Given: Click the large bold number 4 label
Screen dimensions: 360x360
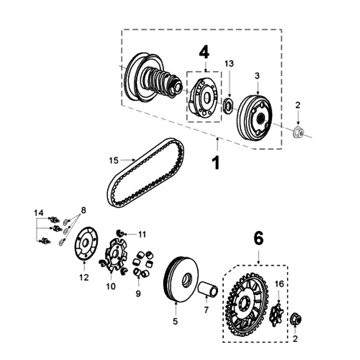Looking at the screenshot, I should pyautogui.click(x=204, y=53).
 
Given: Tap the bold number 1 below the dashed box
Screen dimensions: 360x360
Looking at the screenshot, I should pyautogui.click(x=216, y=162).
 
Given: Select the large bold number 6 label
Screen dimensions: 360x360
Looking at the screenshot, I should pyautogui.click(x=258, y=239).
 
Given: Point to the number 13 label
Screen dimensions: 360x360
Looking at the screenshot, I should pyautogui.click(x=229, y=64).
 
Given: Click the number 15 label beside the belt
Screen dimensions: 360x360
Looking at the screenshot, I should pyautogui.click(x=113, y=160).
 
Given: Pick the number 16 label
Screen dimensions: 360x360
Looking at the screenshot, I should pyautogui.click(x=279, y=283).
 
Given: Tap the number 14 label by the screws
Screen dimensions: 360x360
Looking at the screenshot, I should pyautogui.click(x=39, y=212).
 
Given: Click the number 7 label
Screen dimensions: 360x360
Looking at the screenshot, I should pyautogui.click(x=207, y=310).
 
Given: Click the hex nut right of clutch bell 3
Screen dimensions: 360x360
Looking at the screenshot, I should pyautogui.click(x=298, y=131).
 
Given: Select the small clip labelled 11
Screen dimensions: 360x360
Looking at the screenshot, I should pyautogui.click(x=120, y=232).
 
